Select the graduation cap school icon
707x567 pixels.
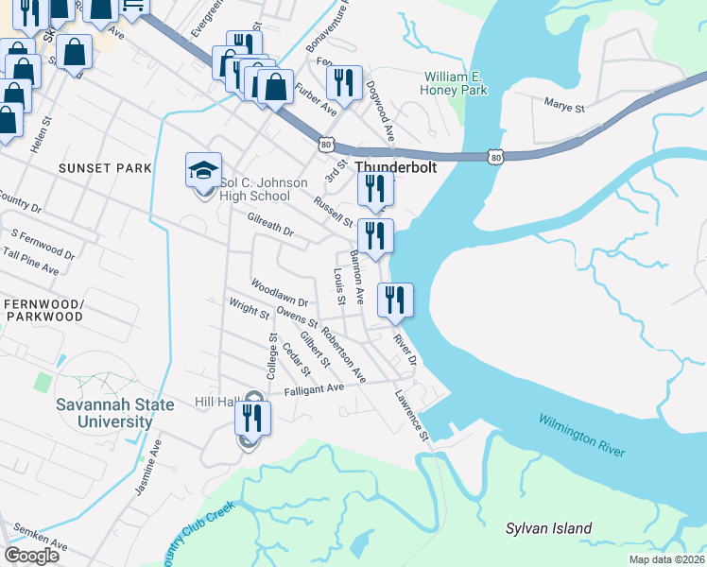pos(203,171)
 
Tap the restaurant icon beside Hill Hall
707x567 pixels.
pos(252,418)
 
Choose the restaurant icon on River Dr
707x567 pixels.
pos(395,300)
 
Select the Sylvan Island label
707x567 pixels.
pos(548,528)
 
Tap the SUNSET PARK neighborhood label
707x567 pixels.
pos(105,168)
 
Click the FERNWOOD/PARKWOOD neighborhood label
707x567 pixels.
pos(43,310)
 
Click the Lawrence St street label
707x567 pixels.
pos(412,416)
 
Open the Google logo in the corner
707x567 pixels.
pos(31,556)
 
